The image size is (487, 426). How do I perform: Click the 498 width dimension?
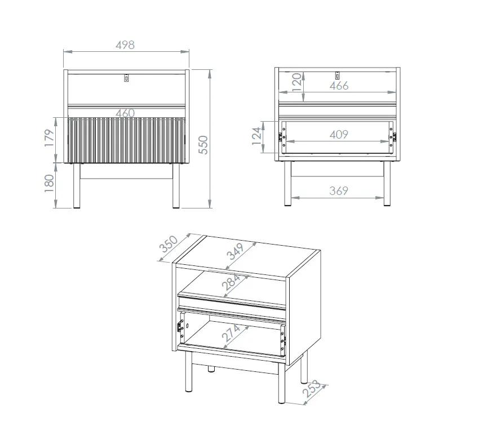(125, 45)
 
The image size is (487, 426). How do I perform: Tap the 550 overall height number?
(203, 145)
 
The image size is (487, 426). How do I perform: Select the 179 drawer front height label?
(50, 138)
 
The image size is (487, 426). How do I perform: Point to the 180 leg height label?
(50, 183)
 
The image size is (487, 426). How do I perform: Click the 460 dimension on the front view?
(125, 113)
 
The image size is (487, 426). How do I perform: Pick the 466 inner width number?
(339, 86)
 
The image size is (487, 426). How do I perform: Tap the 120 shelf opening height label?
(297, 82)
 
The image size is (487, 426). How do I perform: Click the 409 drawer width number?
(339, 135)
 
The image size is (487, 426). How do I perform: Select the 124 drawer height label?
(256, 136)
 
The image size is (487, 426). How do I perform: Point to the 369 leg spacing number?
(339, 190)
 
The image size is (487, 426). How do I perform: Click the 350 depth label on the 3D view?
(169, 244)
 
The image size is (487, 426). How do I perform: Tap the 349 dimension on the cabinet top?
(236, 251)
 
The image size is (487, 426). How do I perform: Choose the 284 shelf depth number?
(231, 282)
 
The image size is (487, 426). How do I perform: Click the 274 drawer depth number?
(231, 333)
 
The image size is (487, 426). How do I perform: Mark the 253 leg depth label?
(311, 389)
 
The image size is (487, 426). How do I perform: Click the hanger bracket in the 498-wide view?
(126, 78)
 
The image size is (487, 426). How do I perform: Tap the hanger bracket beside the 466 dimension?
(337, 76)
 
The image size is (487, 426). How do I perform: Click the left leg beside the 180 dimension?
(77, 185)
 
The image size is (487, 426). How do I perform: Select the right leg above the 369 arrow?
(387, 183)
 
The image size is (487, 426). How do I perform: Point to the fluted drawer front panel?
(126, 140)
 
